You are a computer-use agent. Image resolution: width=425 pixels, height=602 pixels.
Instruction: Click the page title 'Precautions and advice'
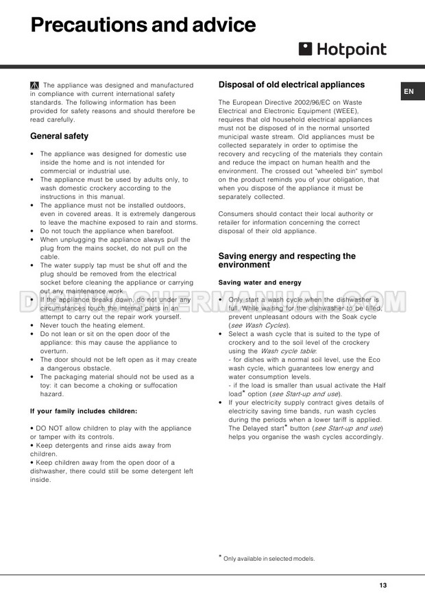point(143,26)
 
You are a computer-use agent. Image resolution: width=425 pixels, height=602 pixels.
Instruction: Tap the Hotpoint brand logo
point(342,49)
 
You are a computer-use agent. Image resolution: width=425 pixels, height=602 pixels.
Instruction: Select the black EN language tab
point(409,91)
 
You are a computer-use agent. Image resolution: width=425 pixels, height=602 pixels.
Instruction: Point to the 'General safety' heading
point(59,136)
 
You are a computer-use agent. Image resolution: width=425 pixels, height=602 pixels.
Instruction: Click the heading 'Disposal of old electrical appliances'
point(291,85)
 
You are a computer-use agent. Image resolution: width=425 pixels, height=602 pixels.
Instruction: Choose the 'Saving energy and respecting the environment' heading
point(287,261)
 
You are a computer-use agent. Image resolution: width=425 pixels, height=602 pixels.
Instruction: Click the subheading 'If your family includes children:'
point(84,411)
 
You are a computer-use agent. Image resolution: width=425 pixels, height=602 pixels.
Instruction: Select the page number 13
point(382,585)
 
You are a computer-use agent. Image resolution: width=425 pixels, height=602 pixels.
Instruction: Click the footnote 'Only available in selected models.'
point(269,559)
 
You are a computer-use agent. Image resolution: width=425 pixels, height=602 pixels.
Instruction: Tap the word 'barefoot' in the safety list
point(159,231)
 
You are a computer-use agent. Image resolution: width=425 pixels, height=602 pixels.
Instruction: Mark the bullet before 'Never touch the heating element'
point(34,325)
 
